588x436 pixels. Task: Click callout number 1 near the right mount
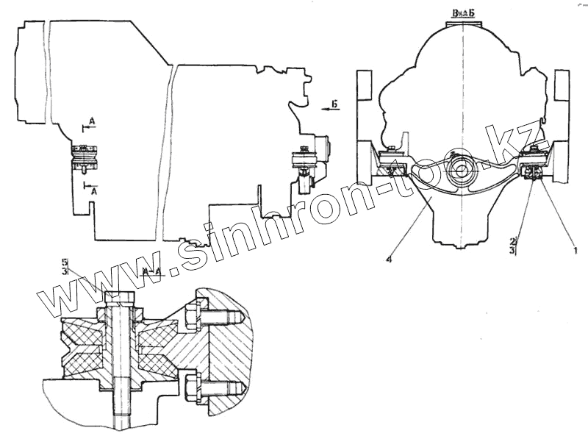pos(576,249)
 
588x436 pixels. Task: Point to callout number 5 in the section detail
pos(65,262)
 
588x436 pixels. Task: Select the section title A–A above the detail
pos(153,272)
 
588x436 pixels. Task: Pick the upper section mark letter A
pos(90,118)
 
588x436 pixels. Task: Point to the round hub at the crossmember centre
pos(461,167)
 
